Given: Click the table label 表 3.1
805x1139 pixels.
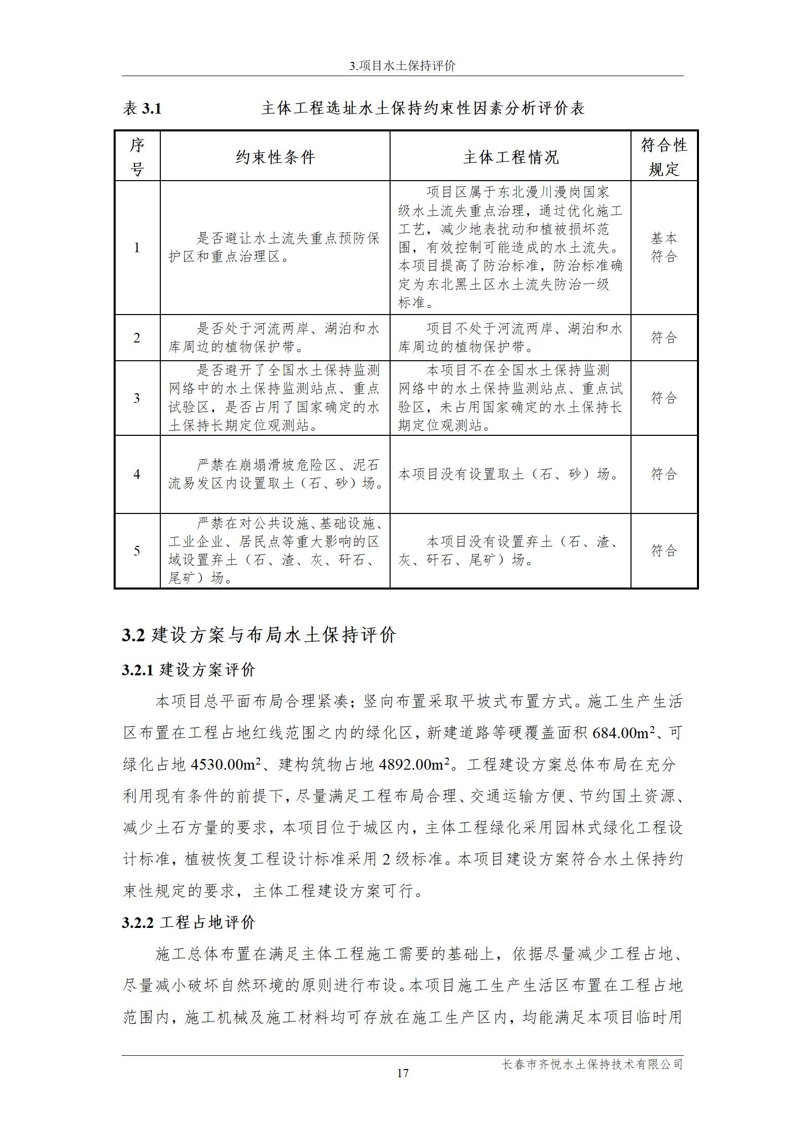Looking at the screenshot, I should point(142,108).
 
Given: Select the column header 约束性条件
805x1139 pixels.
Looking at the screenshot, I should point(275,157).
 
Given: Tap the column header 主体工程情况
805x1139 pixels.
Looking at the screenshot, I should point(510,157).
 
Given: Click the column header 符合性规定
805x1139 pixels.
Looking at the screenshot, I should point(664,157).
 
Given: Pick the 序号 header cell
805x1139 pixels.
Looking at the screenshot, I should point(137,157).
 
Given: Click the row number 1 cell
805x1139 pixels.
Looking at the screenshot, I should point(137,248).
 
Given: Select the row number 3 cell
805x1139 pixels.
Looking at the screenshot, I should point(137,398).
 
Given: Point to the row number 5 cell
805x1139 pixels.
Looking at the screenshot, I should point(137,550).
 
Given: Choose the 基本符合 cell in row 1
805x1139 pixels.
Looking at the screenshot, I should point(664,247).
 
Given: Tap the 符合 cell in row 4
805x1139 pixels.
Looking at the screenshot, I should point(664,474).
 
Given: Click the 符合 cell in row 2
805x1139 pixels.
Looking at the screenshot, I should point(664,337).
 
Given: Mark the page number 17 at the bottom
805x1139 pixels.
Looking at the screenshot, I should point(402,1073).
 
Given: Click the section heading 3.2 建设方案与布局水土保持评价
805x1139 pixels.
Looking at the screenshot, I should point(259,635).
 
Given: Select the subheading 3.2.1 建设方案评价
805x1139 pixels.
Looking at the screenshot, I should point(189,670).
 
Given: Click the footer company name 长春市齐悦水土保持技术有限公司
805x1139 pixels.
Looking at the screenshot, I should point(592,1064).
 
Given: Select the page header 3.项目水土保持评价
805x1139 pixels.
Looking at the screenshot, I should point(402,66).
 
